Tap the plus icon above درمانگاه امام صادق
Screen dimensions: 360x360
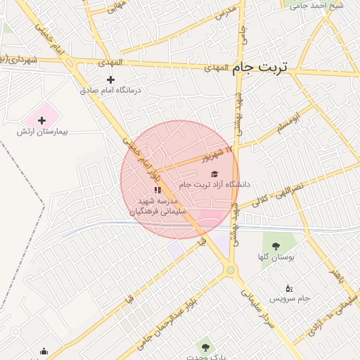pos(110,79)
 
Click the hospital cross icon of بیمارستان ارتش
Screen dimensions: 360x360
pos(41,120)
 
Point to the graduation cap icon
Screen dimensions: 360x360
pos(214,174)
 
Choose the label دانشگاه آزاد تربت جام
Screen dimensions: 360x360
pos(214,184)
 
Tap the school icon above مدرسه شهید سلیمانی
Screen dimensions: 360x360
pos(157,190)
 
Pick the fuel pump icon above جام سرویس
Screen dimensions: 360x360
pos(289,288)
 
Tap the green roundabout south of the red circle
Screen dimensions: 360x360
pos(230,269)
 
